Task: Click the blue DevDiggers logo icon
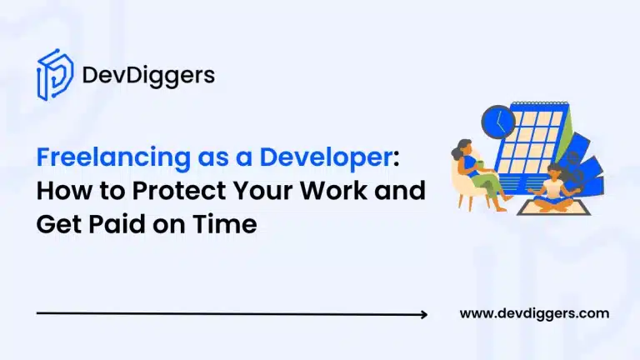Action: pos(55,75)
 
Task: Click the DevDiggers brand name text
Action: pos(148,76)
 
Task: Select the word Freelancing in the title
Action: pos(113,157)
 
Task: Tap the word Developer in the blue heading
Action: pos(326,157)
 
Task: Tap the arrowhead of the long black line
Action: pos(424,314)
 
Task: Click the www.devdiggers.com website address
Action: pos(534,313)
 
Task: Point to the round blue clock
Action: pos(498,121)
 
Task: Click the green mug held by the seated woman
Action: pos(480,164)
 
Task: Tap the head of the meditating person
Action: pos(554,172)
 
